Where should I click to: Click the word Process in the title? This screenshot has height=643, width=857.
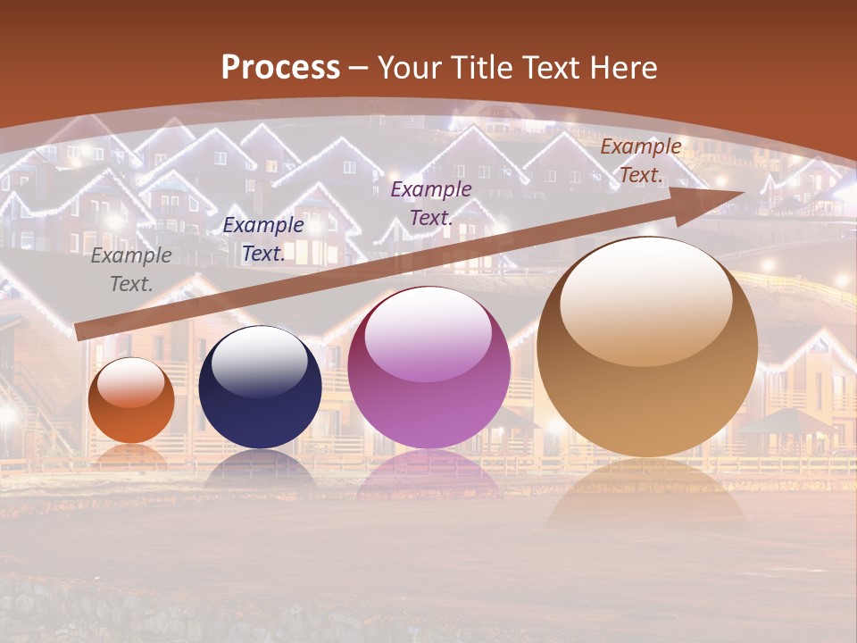pos(280,68)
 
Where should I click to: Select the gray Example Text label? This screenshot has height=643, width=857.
pos(130,270)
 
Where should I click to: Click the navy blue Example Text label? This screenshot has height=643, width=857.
pos(263,239)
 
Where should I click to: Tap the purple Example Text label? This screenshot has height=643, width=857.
pos(431,203)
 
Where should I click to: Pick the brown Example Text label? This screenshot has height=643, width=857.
pos(640,161)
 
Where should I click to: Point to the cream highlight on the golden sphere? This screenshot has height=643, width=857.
pos(646,300)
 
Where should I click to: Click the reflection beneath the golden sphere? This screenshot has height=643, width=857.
pos(647,500)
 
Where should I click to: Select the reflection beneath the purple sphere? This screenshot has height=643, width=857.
pos(428,473)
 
